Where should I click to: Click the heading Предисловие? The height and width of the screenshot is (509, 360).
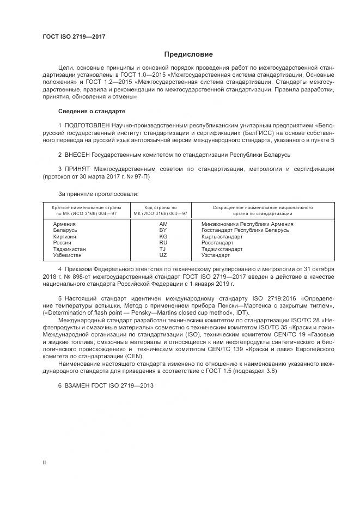point(188,54)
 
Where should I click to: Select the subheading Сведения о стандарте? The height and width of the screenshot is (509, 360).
point(91,111)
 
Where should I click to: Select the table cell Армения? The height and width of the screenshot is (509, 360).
point(64,224)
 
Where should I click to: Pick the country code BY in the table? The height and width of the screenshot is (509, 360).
point(163,230)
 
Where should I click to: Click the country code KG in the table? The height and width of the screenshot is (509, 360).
point(163,236)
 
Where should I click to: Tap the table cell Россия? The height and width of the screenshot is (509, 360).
point(63,243)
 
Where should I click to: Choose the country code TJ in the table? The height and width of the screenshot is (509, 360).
point(163,249)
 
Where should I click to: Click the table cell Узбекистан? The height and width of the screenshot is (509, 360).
point(67,255)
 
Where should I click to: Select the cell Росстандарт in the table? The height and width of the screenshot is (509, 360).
point(217,243)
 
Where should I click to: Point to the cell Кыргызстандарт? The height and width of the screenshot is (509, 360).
point(222,236)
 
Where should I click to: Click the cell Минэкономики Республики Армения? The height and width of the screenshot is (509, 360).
point(247,224)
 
